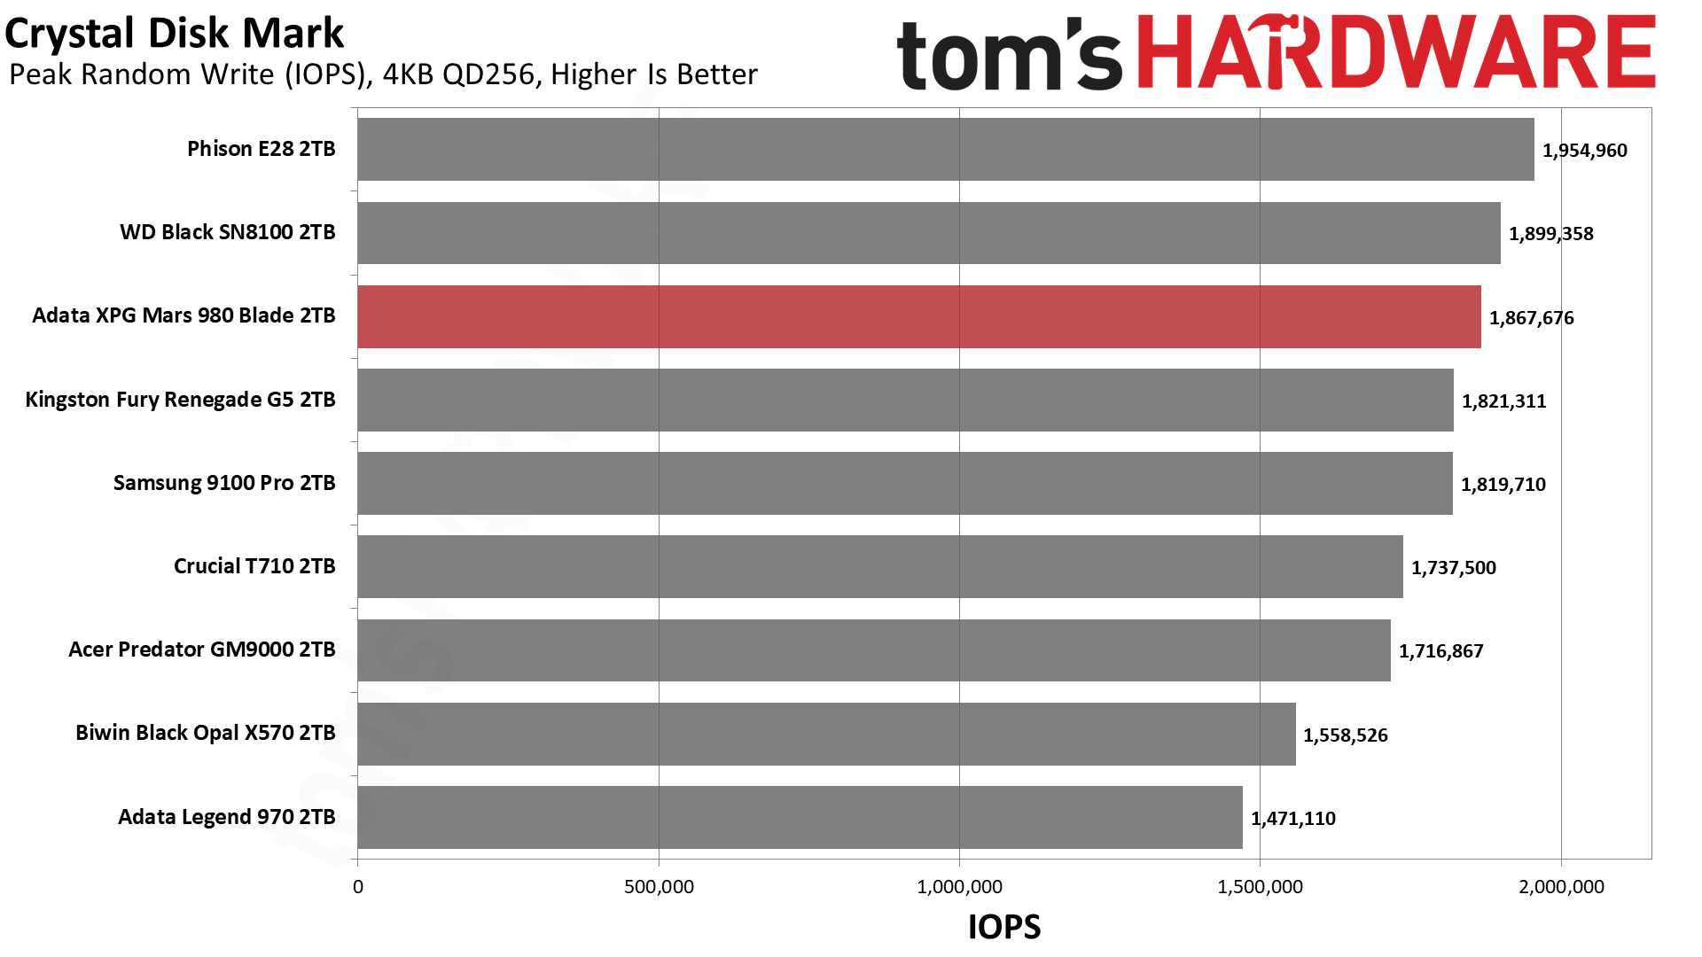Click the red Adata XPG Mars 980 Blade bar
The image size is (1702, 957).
point(918,316)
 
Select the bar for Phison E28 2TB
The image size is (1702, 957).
point(945,150)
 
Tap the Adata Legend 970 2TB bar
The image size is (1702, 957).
point(800,817)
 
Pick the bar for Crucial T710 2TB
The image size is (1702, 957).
point(879,566)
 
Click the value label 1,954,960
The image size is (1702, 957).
point(1584,151)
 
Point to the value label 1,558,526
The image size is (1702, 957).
point(1345,735)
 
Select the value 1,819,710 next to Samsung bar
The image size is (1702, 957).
point(1503,485)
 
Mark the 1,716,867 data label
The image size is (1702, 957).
point(1440,651)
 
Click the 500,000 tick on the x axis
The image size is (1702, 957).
point(659,887)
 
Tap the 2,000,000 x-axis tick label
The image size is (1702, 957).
point(1561,887)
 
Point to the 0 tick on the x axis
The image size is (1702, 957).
point(358,887)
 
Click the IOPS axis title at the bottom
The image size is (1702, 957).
point(1003,927)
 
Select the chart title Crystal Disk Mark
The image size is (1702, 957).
point(174,34)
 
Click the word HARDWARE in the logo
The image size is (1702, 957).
point(1396,53)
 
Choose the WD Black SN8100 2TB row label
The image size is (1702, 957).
point(228,232)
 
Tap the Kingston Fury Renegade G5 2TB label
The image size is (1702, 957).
point(180,400)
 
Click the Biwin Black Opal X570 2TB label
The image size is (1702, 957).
point(205,733)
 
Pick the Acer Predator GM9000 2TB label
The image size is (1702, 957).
point(201,650)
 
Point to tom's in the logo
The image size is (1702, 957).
point(1009,55)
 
